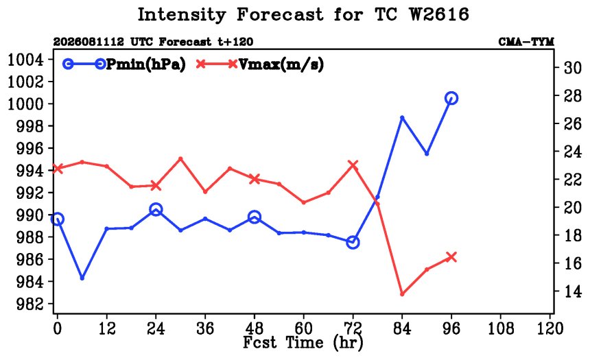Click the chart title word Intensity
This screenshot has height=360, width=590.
point(181,15)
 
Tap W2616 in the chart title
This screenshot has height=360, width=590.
point(439,14)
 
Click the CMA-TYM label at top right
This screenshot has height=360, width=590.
point(526,42)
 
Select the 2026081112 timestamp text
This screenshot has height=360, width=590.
point(88,42)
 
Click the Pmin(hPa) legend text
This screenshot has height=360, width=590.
point(146,64)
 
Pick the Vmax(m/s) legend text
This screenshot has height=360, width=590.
point(281,64)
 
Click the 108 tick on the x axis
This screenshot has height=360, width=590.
point(500,328)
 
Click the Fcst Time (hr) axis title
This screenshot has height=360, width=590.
point(303,342)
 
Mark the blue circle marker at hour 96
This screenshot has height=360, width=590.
point(451,98)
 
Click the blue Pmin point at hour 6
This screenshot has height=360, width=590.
point(82,278)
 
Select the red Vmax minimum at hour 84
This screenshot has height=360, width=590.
point(402,293)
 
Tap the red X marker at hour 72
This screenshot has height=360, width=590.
point(353,165)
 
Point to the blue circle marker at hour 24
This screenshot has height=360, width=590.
point(156,210)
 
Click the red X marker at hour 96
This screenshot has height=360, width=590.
point(451,257)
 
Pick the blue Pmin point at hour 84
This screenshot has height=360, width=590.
point(402,118)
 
